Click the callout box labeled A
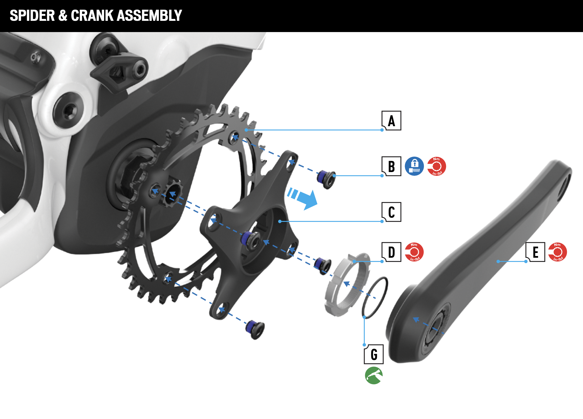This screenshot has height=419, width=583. point(391,121)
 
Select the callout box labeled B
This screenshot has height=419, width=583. point(391,166)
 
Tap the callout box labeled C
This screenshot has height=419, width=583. point(391,212)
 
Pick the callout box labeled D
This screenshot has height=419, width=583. point(391,252)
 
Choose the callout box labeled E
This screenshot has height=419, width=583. point(535,252)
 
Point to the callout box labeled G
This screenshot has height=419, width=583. point(374,354)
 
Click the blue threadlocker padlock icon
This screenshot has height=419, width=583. point(414,166)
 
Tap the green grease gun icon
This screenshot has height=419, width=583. point(374,375)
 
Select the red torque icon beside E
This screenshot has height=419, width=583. point(557,252)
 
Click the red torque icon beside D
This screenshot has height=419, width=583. point(414,252)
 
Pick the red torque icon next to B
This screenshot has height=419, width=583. point(437,166)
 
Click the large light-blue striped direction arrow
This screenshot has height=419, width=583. point(303,198)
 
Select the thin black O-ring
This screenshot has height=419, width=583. point(375,298)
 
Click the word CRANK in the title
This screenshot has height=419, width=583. point(92,15)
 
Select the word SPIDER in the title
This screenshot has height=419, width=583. point(32,15)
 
